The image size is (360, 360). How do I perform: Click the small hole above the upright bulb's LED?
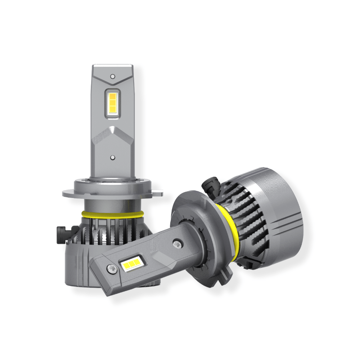coord(113,77)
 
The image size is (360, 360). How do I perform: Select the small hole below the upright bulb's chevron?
coord(113,157)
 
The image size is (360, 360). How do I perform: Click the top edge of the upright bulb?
coord(113,66)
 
